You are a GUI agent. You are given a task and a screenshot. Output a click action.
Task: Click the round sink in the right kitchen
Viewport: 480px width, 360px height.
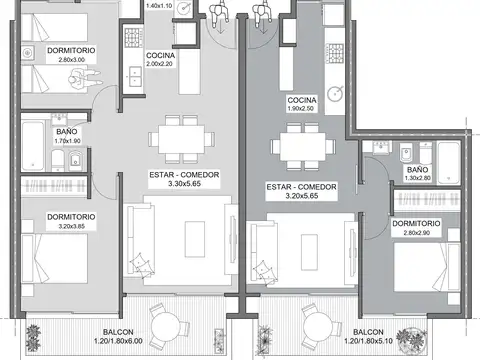tap(335, 97)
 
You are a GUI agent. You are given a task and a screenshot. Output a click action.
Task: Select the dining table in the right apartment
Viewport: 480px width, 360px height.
tap(302, 147)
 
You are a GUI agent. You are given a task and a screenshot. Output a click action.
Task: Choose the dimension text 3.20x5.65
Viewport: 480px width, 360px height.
tap(299, 198)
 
